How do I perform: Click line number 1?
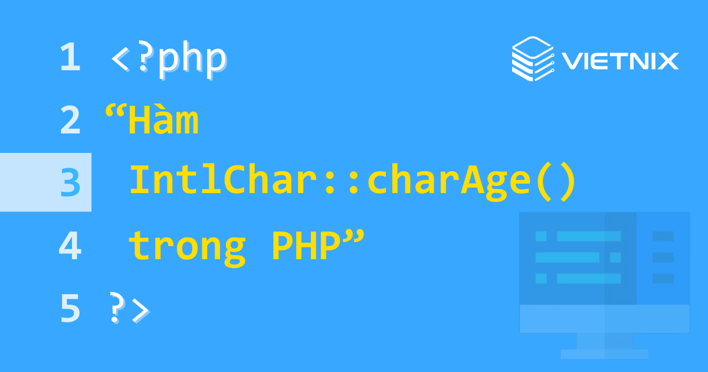point(70,58)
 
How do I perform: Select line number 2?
point(70,120)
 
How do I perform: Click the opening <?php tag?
point(168,59)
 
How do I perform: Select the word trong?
point(186,247)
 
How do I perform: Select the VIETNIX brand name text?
point(620,61)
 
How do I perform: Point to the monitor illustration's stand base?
point(604,354)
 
